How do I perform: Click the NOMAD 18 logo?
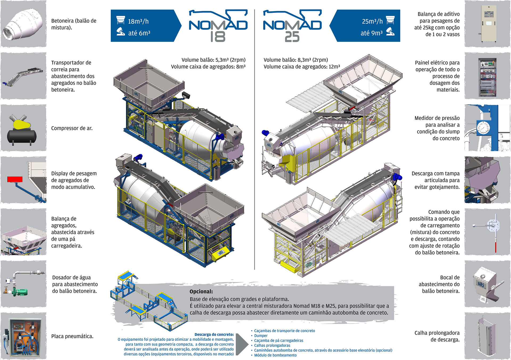(218, 26)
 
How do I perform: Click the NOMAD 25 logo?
(292, 26)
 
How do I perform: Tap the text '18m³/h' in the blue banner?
(138, 21)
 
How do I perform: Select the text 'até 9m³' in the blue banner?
(372, 33)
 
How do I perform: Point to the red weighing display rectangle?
(15, 179)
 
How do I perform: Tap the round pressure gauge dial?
(483, 128)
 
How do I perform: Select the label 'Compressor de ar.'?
(72, 128)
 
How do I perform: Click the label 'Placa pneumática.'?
(72, 336)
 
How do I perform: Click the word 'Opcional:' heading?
(201, 292)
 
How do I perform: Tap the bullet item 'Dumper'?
(261, 336)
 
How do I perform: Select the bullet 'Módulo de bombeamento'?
(275, 355)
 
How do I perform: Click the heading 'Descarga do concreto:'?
(214, 334)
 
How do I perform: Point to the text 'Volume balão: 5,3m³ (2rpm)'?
(213, 60)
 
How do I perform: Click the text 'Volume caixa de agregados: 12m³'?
(302, 67)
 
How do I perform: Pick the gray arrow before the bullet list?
(242, 344)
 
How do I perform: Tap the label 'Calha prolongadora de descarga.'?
(437, 336)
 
